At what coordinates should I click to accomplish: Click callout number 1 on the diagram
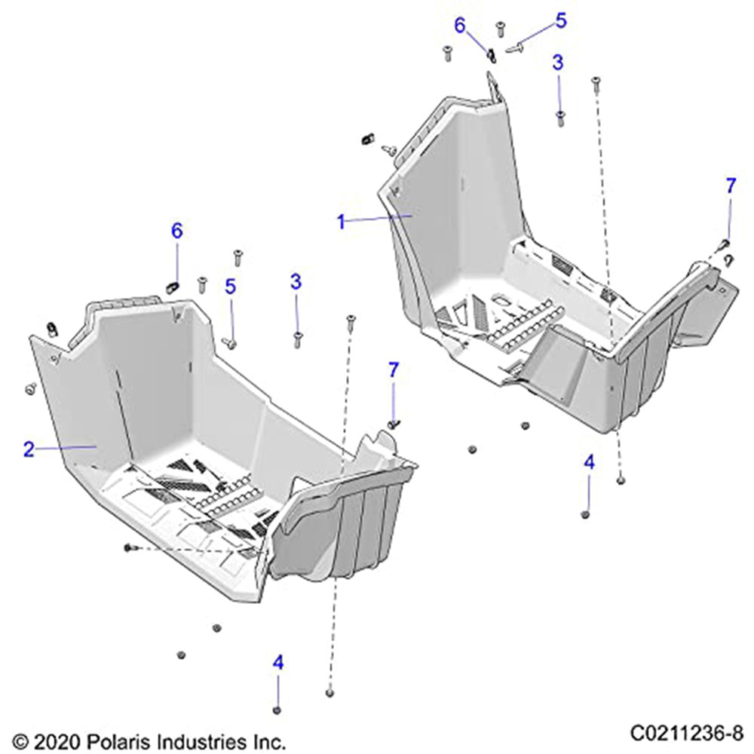[x=341, y=221]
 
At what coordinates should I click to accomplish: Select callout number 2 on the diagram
[x=29, y=450]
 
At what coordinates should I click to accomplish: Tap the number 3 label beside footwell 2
[x=296, y=282]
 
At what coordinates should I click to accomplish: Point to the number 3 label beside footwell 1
[x=558, y=63]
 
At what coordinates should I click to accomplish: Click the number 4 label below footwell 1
[x=589, y=462]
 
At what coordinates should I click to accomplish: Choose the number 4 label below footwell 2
[x=278, y=663]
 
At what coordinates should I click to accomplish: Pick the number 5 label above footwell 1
[x=560, y=20]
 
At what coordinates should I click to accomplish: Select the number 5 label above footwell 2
[x=231, y=286]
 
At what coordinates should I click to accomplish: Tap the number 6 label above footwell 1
[x=460, y=25]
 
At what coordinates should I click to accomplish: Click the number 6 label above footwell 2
[x=176, y=231]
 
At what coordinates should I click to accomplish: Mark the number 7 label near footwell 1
[x=730, y=186]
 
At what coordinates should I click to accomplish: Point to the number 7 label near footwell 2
[x=393, y=369]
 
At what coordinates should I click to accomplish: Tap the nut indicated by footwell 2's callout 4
[x=277, y=710]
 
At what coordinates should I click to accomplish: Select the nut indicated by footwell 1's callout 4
[x=585, y=514]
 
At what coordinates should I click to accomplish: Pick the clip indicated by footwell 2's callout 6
[x=170, y=286]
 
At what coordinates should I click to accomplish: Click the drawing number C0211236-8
[x=687, y=732]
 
